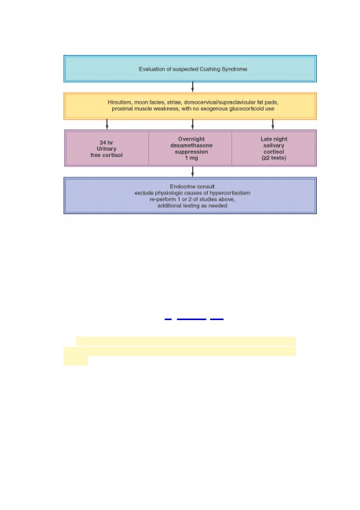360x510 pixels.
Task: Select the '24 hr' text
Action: [107, 143]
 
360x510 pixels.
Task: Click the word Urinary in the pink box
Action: [107, 148]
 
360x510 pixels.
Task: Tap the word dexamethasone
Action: [191, 145]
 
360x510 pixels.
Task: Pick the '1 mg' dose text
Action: [191, 158]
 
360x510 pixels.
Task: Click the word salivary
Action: [274, 145]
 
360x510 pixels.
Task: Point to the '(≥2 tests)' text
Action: [274, 158]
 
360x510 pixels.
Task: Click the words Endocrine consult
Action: [192, 187]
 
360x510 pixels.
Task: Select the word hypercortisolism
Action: [230, 193]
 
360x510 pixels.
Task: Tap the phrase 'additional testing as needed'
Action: [192, 206]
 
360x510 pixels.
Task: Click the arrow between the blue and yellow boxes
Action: [192, 87]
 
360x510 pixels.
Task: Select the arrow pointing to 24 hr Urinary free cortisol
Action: [107, 124]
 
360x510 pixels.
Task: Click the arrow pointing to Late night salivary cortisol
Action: [273, 124]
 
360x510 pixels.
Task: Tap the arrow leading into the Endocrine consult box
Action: [192, 172]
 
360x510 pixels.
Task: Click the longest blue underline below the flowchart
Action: [191, 319]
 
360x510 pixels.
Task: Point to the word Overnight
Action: [191, 139]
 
